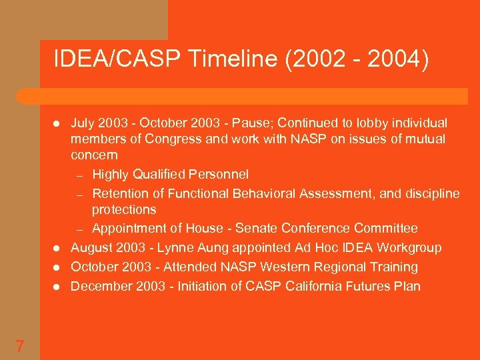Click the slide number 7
(20, 346)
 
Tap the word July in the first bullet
(83, 123)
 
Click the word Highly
(111, 175)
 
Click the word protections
(124, 209)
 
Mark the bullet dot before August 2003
(57, 249)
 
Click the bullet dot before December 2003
(57, 287)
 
